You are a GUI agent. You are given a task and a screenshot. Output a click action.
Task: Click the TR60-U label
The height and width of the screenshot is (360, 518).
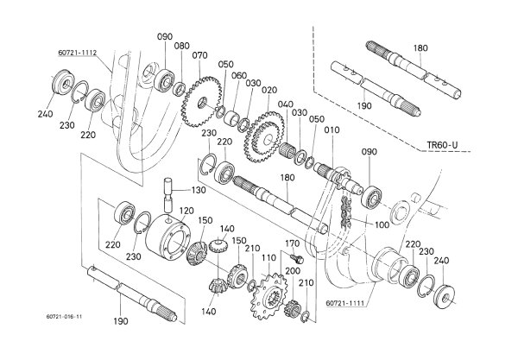pyautogui.click(x=442, y=145)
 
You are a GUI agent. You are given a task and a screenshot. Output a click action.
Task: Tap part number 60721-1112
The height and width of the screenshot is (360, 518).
pyautogui.click(x=78, y=53)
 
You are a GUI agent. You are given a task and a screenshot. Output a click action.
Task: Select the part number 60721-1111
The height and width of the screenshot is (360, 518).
pyautogui.click(x=345, y=303)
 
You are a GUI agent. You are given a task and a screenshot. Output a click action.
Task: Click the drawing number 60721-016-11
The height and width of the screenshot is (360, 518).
pyautogui.click(x=64, y=317)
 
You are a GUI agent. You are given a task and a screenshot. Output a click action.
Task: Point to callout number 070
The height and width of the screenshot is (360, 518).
pyautogui.click(x=200, y=55)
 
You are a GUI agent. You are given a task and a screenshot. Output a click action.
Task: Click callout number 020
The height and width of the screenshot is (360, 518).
pyautogui.click(x=269, y=90)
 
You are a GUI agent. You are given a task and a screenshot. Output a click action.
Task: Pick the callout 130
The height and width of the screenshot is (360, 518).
pyautogui.click(x=199, y=190)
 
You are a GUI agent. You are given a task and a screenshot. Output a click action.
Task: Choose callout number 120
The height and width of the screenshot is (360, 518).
pyautogui.click(x=186, y=211)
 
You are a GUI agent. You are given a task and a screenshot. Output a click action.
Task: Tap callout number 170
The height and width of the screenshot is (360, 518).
pyautogui.click(x=293, y=243)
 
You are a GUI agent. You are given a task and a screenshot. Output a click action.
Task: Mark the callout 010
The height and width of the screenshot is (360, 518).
pyautogui.click(x=332, y=130)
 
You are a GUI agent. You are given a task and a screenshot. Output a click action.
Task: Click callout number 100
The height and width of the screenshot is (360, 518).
pyautogui.click(x=382, y=225)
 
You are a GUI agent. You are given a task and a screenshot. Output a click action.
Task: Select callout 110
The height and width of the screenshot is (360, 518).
pyautogui.click(x=268, y=257)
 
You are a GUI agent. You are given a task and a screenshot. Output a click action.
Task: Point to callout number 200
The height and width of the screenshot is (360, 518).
pyautogui.click(x=293, y=271)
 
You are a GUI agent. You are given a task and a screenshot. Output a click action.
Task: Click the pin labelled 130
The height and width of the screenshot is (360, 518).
pyautogui.click(x=169, y=194)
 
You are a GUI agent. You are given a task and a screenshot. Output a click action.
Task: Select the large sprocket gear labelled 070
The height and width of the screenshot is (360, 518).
pyautogui.click(x=201, y=102)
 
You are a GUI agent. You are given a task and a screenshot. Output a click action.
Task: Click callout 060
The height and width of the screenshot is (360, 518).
pyautogui.click(x=239, y=76)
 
